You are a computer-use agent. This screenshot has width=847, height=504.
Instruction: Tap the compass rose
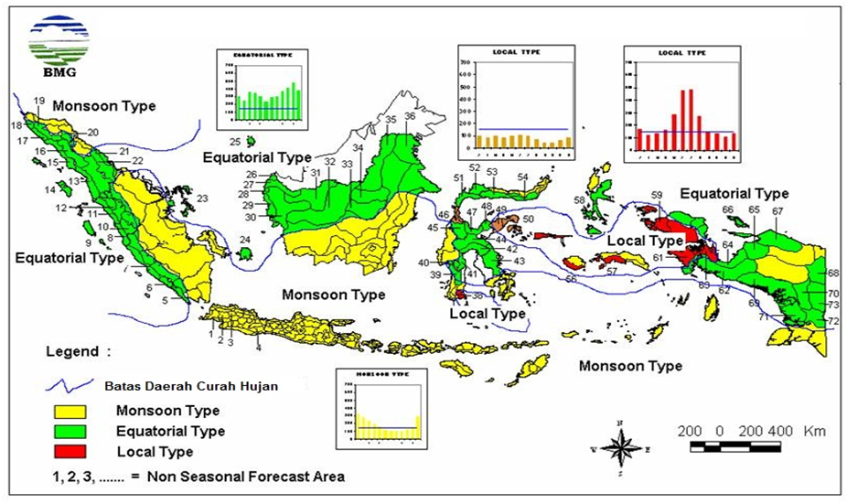click(620, 448)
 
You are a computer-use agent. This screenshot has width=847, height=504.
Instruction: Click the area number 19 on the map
click(39, 101)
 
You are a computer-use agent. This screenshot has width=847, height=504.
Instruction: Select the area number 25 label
click(234, 142)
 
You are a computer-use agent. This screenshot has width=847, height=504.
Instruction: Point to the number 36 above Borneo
click(410, 116)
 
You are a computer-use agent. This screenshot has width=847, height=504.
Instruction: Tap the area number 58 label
click(579, 199)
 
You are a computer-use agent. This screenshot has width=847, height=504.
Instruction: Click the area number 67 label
click(777, 211)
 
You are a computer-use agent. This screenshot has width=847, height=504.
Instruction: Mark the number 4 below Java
click(259, 347)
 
